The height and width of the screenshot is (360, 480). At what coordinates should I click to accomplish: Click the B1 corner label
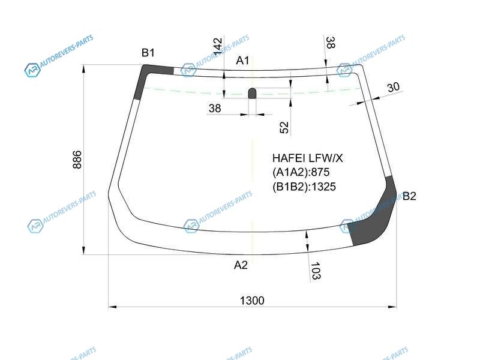pos(148,53)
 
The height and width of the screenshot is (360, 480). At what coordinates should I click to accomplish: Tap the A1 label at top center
pos(242,61)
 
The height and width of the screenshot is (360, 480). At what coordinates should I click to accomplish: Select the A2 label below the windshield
pos(241,265)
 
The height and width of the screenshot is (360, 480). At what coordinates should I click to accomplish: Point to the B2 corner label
pos(409,196)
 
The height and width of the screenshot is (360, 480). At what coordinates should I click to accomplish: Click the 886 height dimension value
pos(77,160)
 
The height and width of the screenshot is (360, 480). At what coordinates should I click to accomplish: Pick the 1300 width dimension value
pos(252,301)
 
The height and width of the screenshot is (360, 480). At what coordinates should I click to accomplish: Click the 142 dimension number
pos(218,46)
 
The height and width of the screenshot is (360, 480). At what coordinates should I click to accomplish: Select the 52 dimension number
pos(284,127)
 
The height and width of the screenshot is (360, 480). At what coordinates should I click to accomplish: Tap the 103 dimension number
pos(316,271)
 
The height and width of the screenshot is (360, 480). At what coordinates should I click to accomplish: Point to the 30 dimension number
pos(394,87)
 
